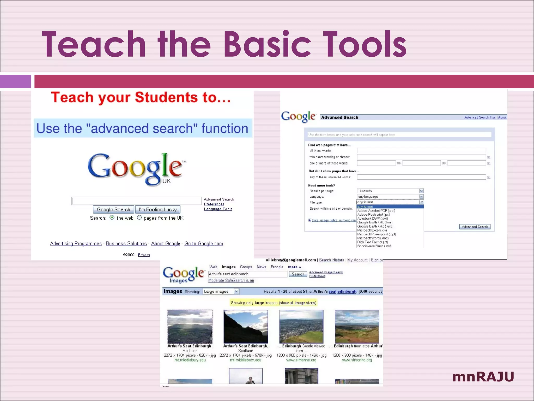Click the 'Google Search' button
point(113,209)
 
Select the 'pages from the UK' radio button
point(139,217)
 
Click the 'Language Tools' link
point(218,209)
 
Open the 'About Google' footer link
point(165,244)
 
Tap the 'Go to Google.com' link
point(204,244)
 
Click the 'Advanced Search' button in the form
point(475,227)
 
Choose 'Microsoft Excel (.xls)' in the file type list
point(372,230)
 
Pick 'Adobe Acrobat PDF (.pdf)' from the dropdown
point(376,211)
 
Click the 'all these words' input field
point(421,151)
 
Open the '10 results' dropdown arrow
point(421,191)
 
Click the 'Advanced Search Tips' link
point(480,117)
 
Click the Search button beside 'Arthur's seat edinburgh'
point(298,274)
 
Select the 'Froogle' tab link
point(277,267)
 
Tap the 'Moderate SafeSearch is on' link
point(231,280)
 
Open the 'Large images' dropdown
point(236,291)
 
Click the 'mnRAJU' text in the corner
point(483,377)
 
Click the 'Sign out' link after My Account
point(377,260)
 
